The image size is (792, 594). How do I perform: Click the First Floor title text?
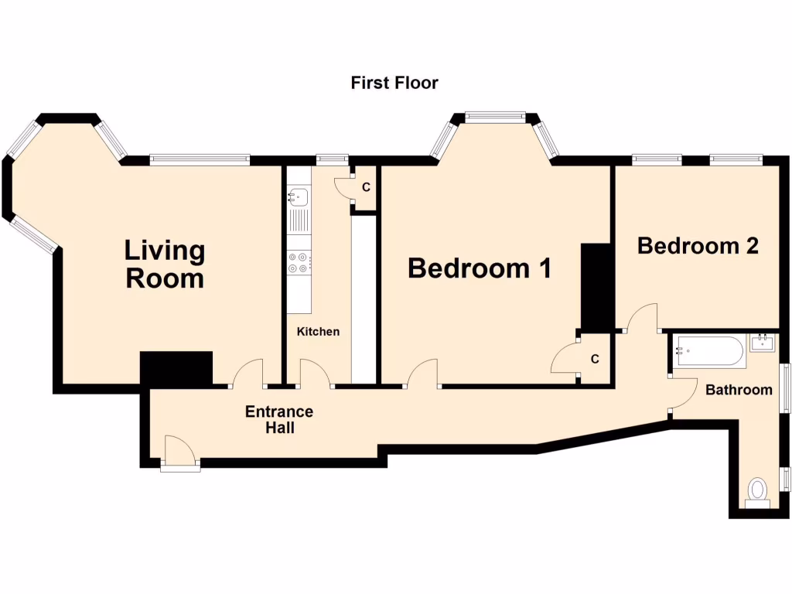[394, 83]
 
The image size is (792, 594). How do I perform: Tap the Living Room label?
[165, 264]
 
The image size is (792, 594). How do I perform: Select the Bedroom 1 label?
[480, 268]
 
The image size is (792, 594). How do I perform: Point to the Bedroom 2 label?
[697, 246]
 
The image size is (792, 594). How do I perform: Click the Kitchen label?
[319, 332]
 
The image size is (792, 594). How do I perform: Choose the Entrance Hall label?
[279, 419]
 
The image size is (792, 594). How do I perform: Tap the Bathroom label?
[739, 390]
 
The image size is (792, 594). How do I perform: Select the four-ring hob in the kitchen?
[299, 263]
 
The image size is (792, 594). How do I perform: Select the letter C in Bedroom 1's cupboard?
[595, 359]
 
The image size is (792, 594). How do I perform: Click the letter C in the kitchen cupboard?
[366, 187]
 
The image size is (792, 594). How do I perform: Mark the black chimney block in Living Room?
[176, 368]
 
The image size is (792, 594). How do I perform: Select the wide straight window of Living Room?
[200, 159]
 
